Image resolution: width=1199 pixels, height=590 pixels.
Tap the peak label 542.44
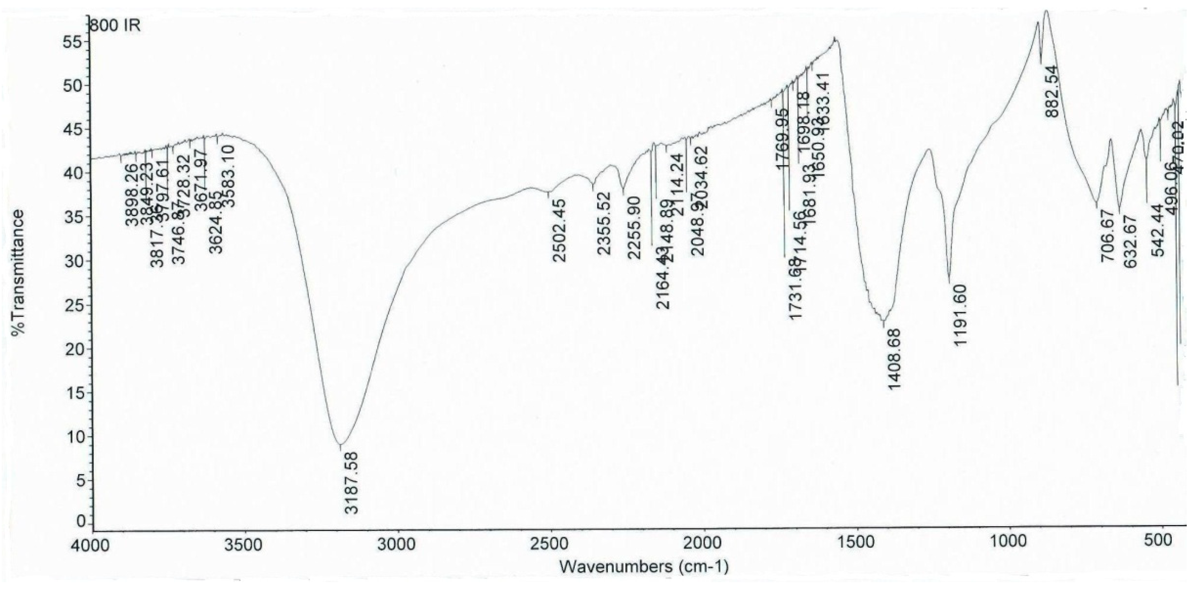tap(1158, 230)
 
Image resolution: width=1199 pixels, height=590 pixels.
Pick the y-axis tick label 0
tap(82, 522)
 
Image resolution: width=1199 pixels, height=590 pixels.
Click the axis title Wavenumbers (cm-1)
tap(644, 567)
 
